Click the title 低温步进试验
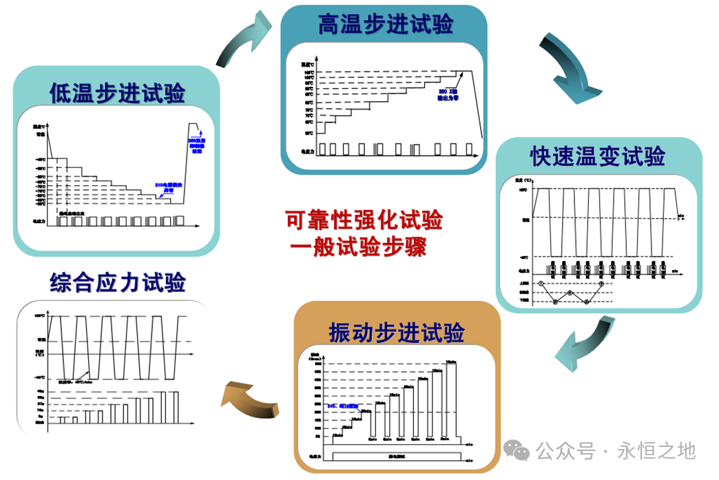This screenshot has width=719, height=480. pyautogui.click(x=117, y=92)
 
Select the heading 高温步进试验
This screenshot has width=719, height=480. pyautogui.click(x=386, y=25)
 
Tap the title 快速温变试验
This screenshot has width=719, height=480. pyautogui.click(x=597, y=156)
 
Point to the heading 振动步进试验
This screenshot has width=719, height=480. pyautogui.click(x=396, y=333)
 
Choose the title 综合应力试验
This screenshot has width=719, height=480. pyautogui.click(x=117, y=282)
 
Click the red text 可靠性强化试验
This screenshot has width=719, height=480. pyautogui.click(x=364, y=220)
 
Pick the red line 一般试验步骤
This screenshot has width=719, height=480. pyautogui.click(x=358, y=247)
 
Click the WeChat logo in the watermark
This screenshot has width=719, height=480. pyautogui.click(x=517, y=451)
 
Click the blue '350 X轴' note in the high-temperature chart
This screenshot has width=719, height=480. pyautogui.click(x=448, y=95)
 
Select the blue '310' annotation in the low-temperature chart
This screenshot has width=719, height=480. pyautogui.click(x=166, y=187)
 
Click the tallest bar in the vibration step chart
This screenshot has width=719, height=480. pyautogui.click(x=451, y=399)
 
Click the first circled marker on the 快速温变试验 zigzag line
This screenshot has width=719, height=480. pyautogui.click(x=541, y=283)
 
